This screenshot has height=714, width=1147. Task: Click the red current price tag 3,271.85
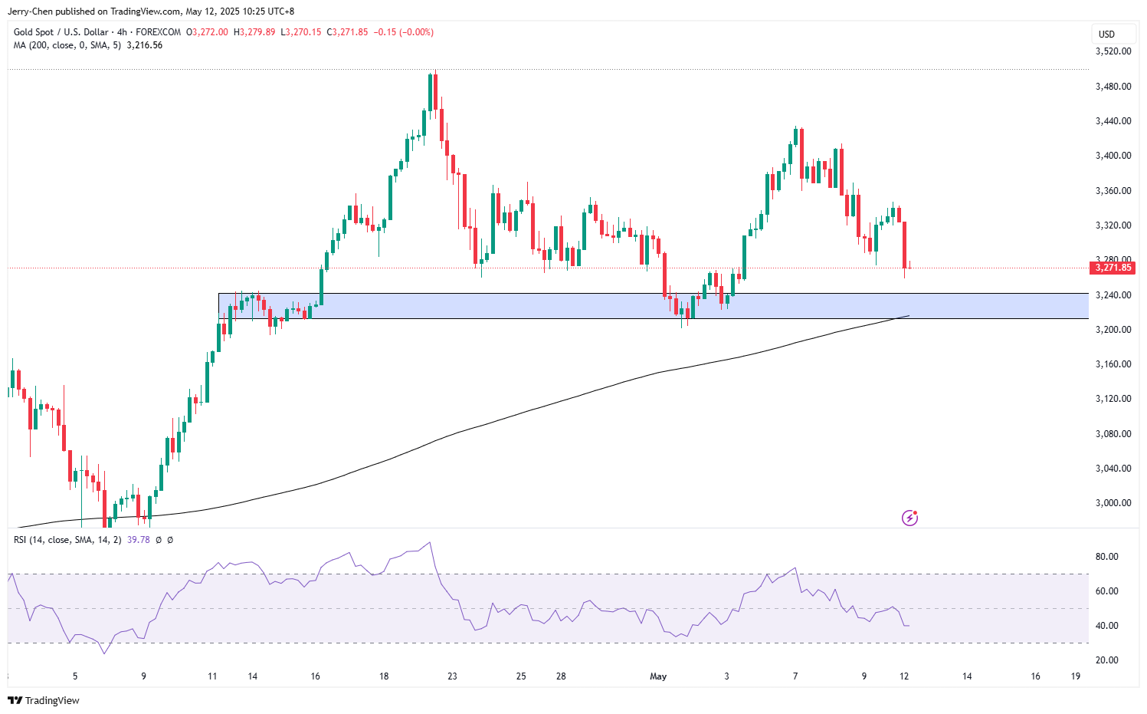click(1113, 268)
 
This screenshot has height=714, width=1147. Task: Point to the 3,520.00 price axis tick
click(1113, 51)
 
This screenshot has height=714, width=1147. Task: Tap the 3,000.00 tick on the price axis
click(1113, 503)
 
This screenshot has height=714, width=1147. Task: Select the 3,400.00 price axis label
click(1113, 156)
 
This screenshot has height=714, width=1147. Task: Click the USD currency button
click(1106, 34)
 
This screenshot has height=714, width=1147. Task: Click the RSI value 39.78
click(138, 540)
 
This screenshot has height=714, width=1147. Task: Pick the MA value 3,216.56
click(144, 45)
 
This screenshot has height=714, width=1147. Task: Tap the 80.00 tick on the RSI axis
click(1107, 557)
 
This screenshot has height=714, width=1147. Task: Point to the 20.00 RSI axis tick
click(1107, 660)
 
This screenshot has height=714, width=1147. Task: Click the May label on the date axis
click(658, 676)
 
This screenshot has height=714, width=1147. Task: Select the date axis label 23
click(453, 676)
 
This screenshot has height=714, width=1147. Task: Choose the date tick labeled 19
click(1076, 676)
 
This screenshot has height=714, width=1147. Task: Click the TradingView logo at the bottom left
click(44, 700)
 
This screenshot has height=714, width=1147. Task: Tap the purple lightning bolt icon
click(909, 518)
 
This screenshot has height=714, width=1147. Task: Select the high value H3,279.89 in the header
click(254, 32)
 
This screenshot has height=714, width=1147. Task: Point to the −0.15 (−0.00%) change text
click(403, 32)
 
